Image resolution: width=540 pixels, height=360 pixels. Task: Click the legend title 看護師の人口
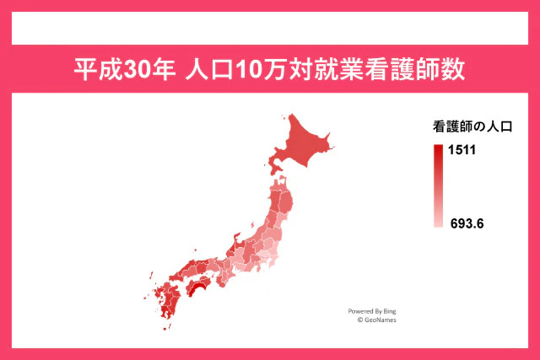coord(472,127)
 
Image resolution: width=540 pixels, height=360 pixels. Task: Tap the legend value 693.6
coord(467,223)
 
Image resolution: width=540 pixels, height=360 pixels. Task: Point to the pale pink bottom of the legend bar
coord(438,223)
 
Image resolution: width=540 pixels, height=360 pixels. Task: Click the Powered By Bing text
coord(372,311)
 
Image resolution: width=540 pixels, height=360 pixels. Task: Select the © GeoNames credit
coord(376,320)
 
